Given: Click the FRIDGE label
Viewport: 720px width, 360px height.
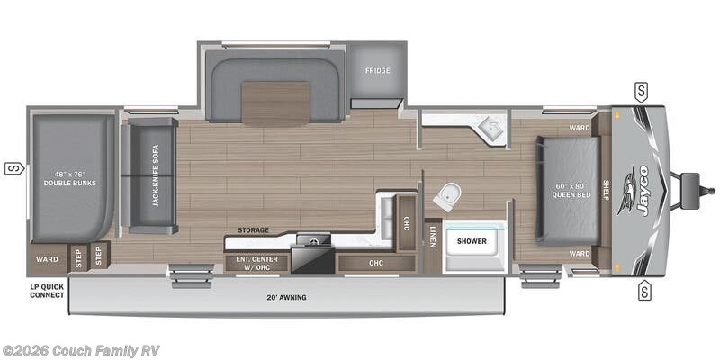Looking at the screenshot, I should [x=376, y=71].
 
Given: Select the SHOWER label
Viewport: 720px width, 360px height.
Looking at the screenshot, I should [x=471, y=241].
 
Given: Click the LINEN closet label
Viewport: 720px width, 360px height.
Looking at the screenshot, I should [x=433, y=237].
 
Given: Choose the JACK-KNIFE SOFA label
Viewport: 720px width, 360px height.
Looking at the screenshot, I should [x=155, y=175].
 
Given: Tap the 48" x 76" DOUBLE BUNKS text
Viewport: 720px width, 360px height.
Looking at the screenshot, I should [x=69, y=177].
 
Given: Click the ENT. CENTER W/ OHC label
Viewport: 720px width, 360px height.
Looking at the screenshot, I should [x=256, y=263].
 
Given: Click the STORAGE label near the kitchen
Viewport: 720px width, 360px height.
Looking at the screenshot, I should [x=253, y=231].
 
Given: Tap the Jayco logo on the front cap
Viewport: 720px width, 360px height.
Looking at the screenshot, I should [x=648, y=189].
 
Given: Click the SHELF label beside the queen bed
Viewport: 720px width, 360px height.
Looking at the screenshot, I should [x=606, y=190].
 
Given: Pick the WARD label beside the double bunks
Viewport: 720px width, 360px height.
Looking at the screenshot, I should [x=47, y=259].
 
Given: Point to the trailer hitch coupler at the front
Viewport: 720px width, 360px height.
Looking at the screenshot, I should [x=703, y=190].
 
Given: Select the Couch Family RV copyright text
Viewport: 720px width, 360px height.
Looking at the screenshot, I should [x=81, y=350].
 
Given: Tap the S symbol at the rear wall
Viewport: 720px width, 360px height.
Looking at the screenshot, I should [x=13, y=167].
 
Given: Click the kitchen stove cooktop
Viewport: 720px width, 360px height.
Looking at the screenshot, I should [x=312, y=240].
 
